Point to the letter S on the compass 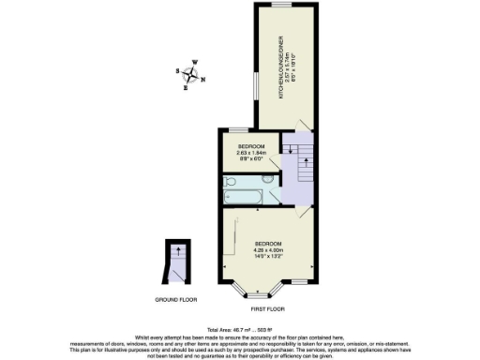pos(178,70)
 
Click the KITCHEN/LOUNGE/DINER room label pos(280,69)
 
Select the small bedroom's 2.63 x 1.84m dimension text pos(251,154)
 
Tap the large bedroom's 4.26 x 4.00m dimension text pos(268,249)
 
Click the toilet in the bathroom pos(268,177)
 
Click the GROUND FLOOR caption pos(175,299)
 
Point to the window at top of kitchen pos(281,6)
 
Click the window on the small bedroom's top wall pos(240,130)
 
